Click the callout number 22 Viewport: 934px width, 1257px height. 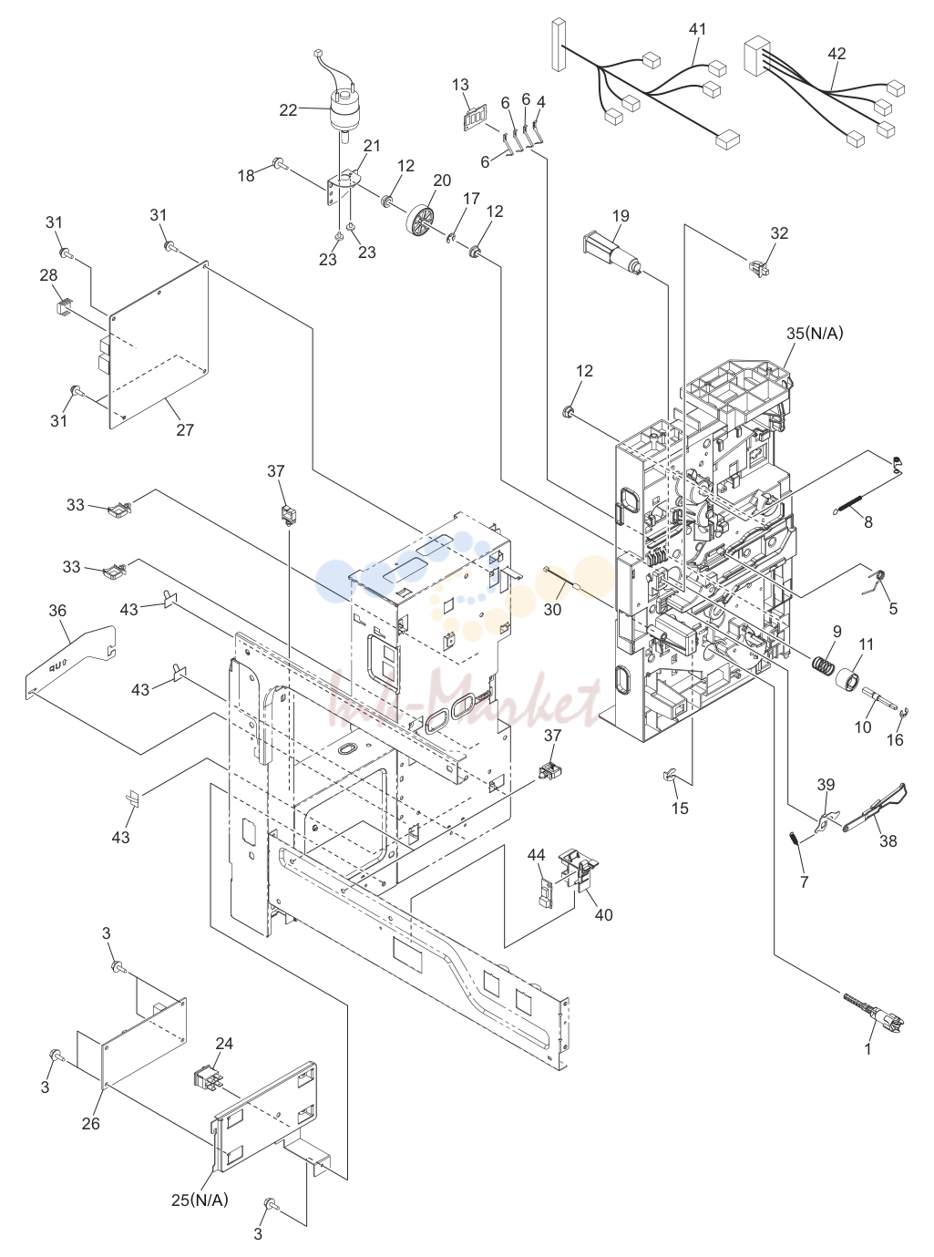(x=288, y=110)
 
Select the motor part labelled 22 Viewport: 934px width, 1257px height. (x=344, y=113)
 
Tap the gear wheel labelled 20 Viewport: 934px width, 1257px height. (x=419, y=219)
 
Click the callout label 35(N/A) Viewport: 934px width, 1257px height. (x=815, y=334)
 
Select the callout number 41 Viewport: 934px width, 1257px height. (x=698, y=29)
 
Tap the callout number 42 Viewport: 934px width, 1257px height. (x=836, y=53)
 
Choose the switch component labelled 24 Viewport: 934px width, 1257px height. (x=208, y=1076)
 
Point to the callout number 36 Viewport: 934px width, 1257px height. (x=57, y=611)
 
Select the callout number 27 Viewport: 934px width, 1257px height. (x=185, y=430)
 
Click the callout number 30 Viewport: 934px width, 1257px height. (x=552, y=609)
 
